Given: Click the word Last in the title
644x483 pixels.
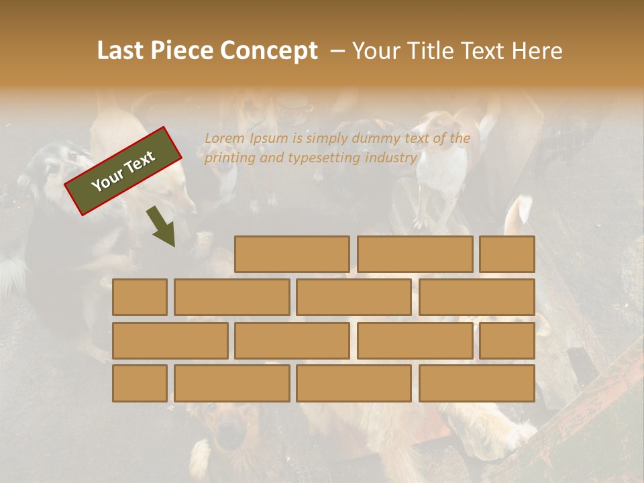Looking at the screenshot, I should [121, 50].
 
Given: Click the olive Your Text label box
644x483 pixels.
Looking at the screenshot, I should [123, 171].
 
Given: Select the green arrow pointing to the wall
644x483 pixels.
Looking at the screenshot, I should [162, 227].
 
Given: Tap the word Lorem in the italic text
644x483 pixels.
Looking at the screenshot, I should [224, 138].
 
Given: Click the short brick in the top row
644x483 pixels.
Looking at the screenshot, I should [506, 254].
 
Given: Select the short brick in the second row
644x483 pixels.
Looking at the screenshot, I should [140, 297].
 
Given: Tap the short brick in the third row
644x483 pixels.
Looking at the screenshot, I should [506, 341].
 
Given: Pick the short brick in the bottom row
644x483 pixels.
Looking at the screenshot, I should [140, 383].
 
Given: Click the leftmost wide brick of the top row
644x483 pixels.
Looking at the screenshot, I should [292, 254].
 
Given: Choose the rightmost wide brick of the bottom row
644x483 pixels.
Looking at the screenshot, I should [476, 383].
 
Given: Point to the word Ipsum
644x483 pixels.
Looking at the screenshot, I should [268, 138].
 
